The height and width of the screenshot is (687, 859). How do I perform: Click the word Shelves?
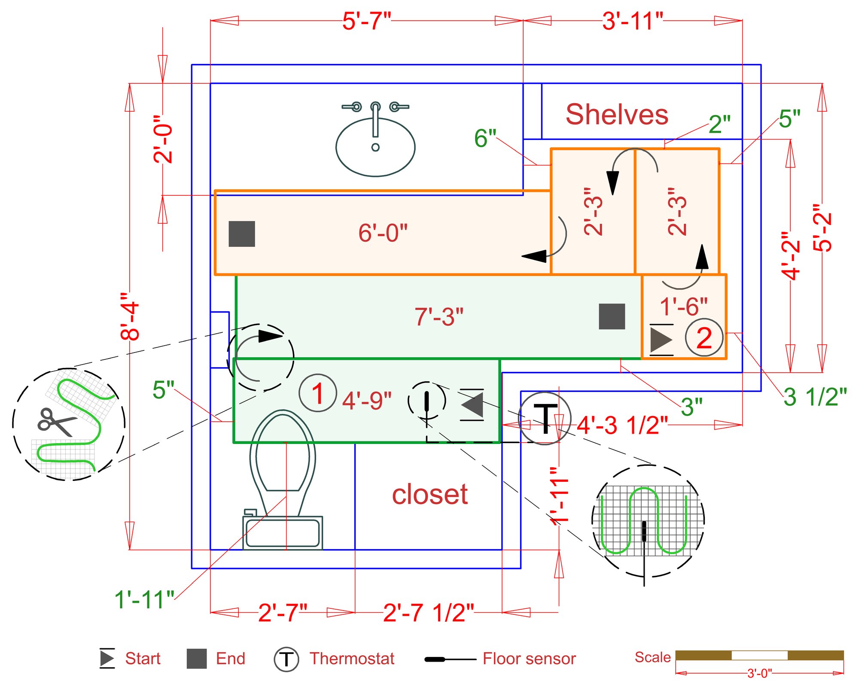pyautogui.click(x=617, y=115)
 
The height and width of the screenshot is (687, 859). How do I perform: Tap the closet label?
pyautogui.click(x=429, y=494)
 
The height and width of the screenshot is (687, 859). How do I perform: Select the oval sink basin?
pyautogui.click(x=375, y=147)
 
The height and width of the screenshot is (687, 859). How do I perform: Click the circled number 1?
pyautogui.click(x=317, y=393)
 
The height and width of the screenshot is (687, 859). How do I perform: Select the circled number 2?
pyautogui.click(x=704, y=338)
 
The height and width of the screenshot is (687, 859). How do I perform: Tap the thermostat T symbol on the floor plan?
pyautogui.click(x=545, y=419)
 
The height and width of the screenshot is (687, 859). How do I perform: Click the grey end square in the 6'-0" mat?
pyautogui.click(x=242, y=234)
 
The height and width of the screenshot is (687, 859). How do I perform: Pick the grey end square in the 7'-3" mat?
pyautogui.click(x=612, y=316)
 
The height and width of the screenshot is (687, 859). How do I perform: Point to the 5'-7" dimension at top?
pyautogui.click(x=367, y=21)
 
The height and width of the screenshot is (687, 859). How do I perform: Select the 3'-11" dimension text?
pyautogui.click(x=632, y=21)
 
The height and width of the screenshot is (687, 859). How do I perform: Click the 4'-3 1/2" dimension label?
pyautogui.click(x=622, y=426)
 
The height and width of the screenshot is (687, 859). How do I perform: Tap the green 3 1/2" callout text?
pyautogui.click(x=815, y=397)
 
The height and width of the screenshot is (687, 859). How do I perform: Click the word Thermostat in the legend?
pyautogui.click(x=352, y=659)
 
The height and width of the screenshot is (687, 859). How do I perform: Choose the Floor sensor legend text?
pyautogui.click(x=529, y=659)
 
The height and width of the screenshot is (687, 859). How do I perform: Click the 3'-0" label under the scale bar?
pyautogui.click(x=759, y=673)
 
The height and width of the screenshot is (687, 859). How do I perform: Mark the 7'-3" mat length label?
pyautogui.click(x=439, y=317)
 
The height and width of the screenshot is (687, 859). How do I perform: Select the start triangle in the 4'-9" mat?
pyautogui.click(x=472, y=404)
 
